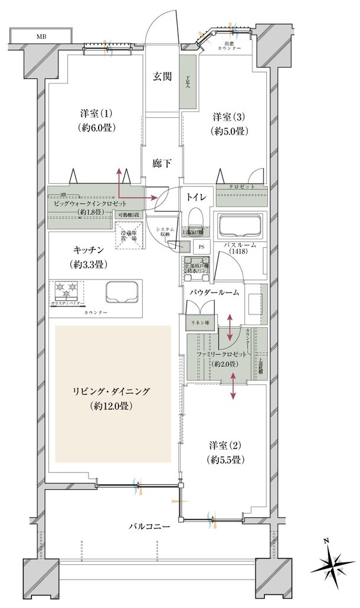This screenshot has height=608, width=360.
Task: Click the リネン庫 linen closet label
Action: (x=197, y=323)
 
